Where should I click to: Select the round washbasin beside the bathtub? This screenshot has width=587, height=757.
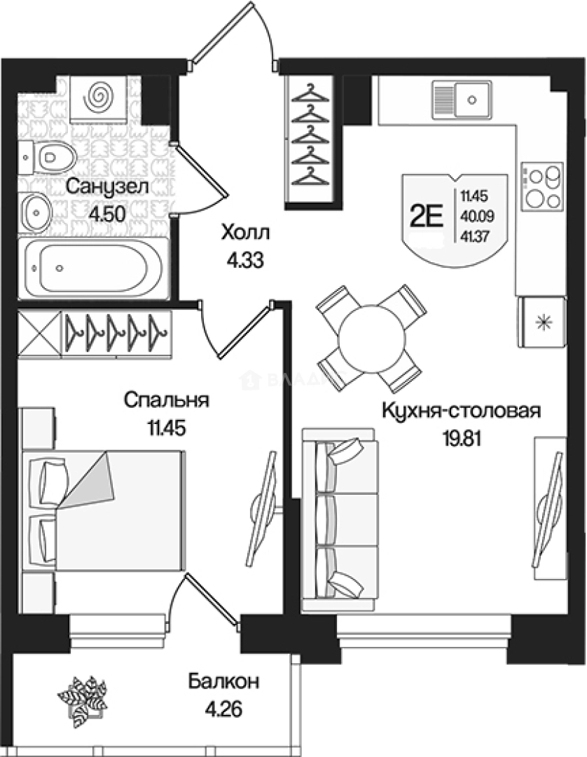35,208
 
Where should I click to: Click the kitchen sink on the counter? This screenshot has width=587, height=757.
463,96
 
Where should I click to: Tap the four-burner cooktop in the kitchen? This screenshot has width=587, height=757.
541,186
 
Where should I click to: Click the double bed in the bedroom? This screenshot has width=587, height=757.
105,510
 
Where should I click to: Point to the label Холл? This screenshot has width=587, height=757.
244,232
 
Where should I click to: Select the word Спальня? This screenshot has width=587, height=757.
166,400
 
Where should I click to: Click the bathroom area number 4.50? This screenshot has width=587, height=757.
106,214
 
